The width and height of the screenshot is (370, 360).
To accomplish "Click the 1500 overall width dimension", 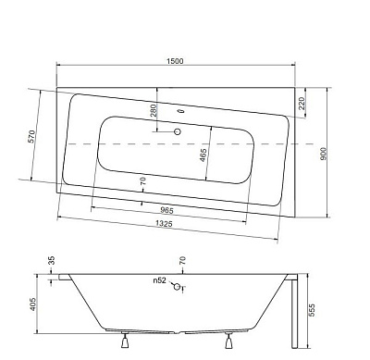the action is point(175,61).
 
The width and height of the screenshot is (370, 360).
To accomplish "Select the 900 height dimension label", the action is point(323,154).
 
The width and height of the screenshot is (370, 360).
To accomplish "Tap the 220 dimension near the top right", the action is point(302,104).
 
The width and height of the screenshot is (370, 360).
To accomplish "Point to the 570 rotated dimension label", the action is point(31,136).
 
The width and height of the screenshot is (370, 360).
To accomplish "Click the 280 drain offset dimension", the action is point(154,110).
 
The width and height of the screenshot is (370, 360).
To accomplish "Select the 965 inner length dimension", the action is point(166,211).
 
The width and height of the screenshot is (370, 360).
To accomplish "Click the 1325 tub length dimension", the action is point(164,223).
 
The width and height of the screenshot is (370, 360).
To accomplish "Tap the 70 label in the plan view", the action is point(143,180).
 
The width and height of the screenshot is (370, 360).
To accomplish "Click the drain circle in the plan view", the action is point(178,131).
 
